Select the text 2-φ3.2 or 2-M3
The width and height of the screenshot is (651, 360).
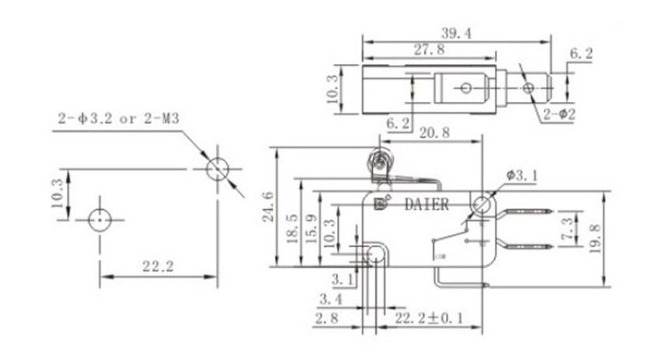point(120,120)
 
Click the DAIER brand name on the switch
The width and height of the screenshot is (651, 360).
point(426,204)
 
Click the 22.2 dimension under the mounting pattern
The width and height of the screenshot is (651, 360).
point(158,266)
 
